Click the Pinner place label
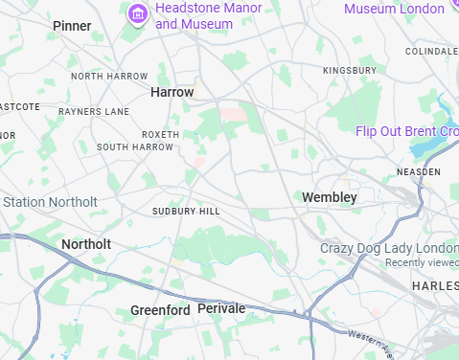point(72,26)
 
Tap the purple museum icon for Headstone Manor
point(138,14)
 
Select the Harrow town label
point(172,92)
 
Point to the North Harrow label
point(109,76)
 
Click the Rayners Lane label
point(93,112)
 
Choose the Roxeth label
point(159,135)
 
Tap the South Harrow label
point(135,147)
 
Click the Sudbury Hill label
point(186,211)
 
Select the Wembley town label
point(329,197)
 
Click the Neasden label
point(419,171)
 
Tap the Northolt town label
point(86,245)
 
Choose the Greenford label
point(160,311)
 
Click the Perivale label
point(221,309)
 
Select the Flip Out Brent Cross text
point(407,131)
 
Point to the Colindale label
point(431,51)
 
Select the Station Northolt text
point(50,202)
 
